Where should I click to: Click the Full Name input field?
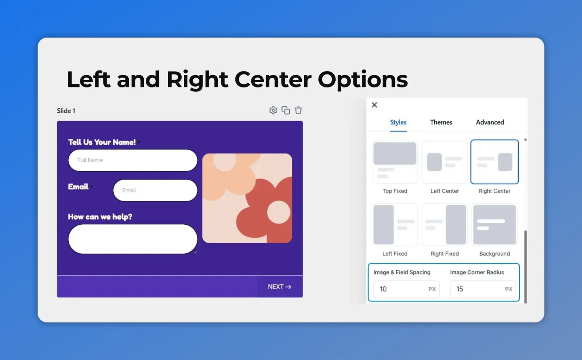pyautogui.click(x=133, y=160)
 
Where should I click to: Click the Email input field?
pyautogui.click(x=155, y=190)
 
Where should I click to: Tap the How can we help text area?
pyautogui.click(x=133, y=239)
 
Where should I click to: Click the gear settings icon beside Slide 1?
pyautogui.click(x=273, y=110)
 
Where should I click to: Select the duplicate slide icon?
pyautogui.click(x=286, y=110)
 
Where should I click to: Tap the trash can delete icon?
pyautogui.click(x=299, y=110)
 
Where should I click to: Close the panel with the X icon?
pyautogui.click(x=375, y=105)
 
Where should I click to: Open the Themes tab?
pyautogui.click(x=441, y=122)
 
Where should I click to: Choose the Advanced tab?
pyautogui.click(x=490, y=122)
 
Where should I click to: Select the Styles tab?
pyautogui.click(x=398, y=122)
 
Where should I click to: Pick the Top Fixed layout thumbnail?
pyautogui.click(x=395, y=162)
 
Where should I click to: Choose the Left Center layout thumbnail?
pyautogui.click(x=445, y=162)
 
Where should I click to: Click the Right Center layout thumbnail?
pyautogui.click(x=495, y=162)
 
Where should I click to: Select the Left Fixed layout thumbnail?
pyautogui.click(x=395, y=225)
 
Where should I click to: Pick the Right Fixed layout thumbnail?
pyautogui.click(x=445, y=225)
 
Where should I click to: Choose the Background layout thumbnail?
pyautogui.click(x=495, y=225)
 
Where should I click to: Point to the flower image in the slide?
pyautogui.click(x=247, y=198)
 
